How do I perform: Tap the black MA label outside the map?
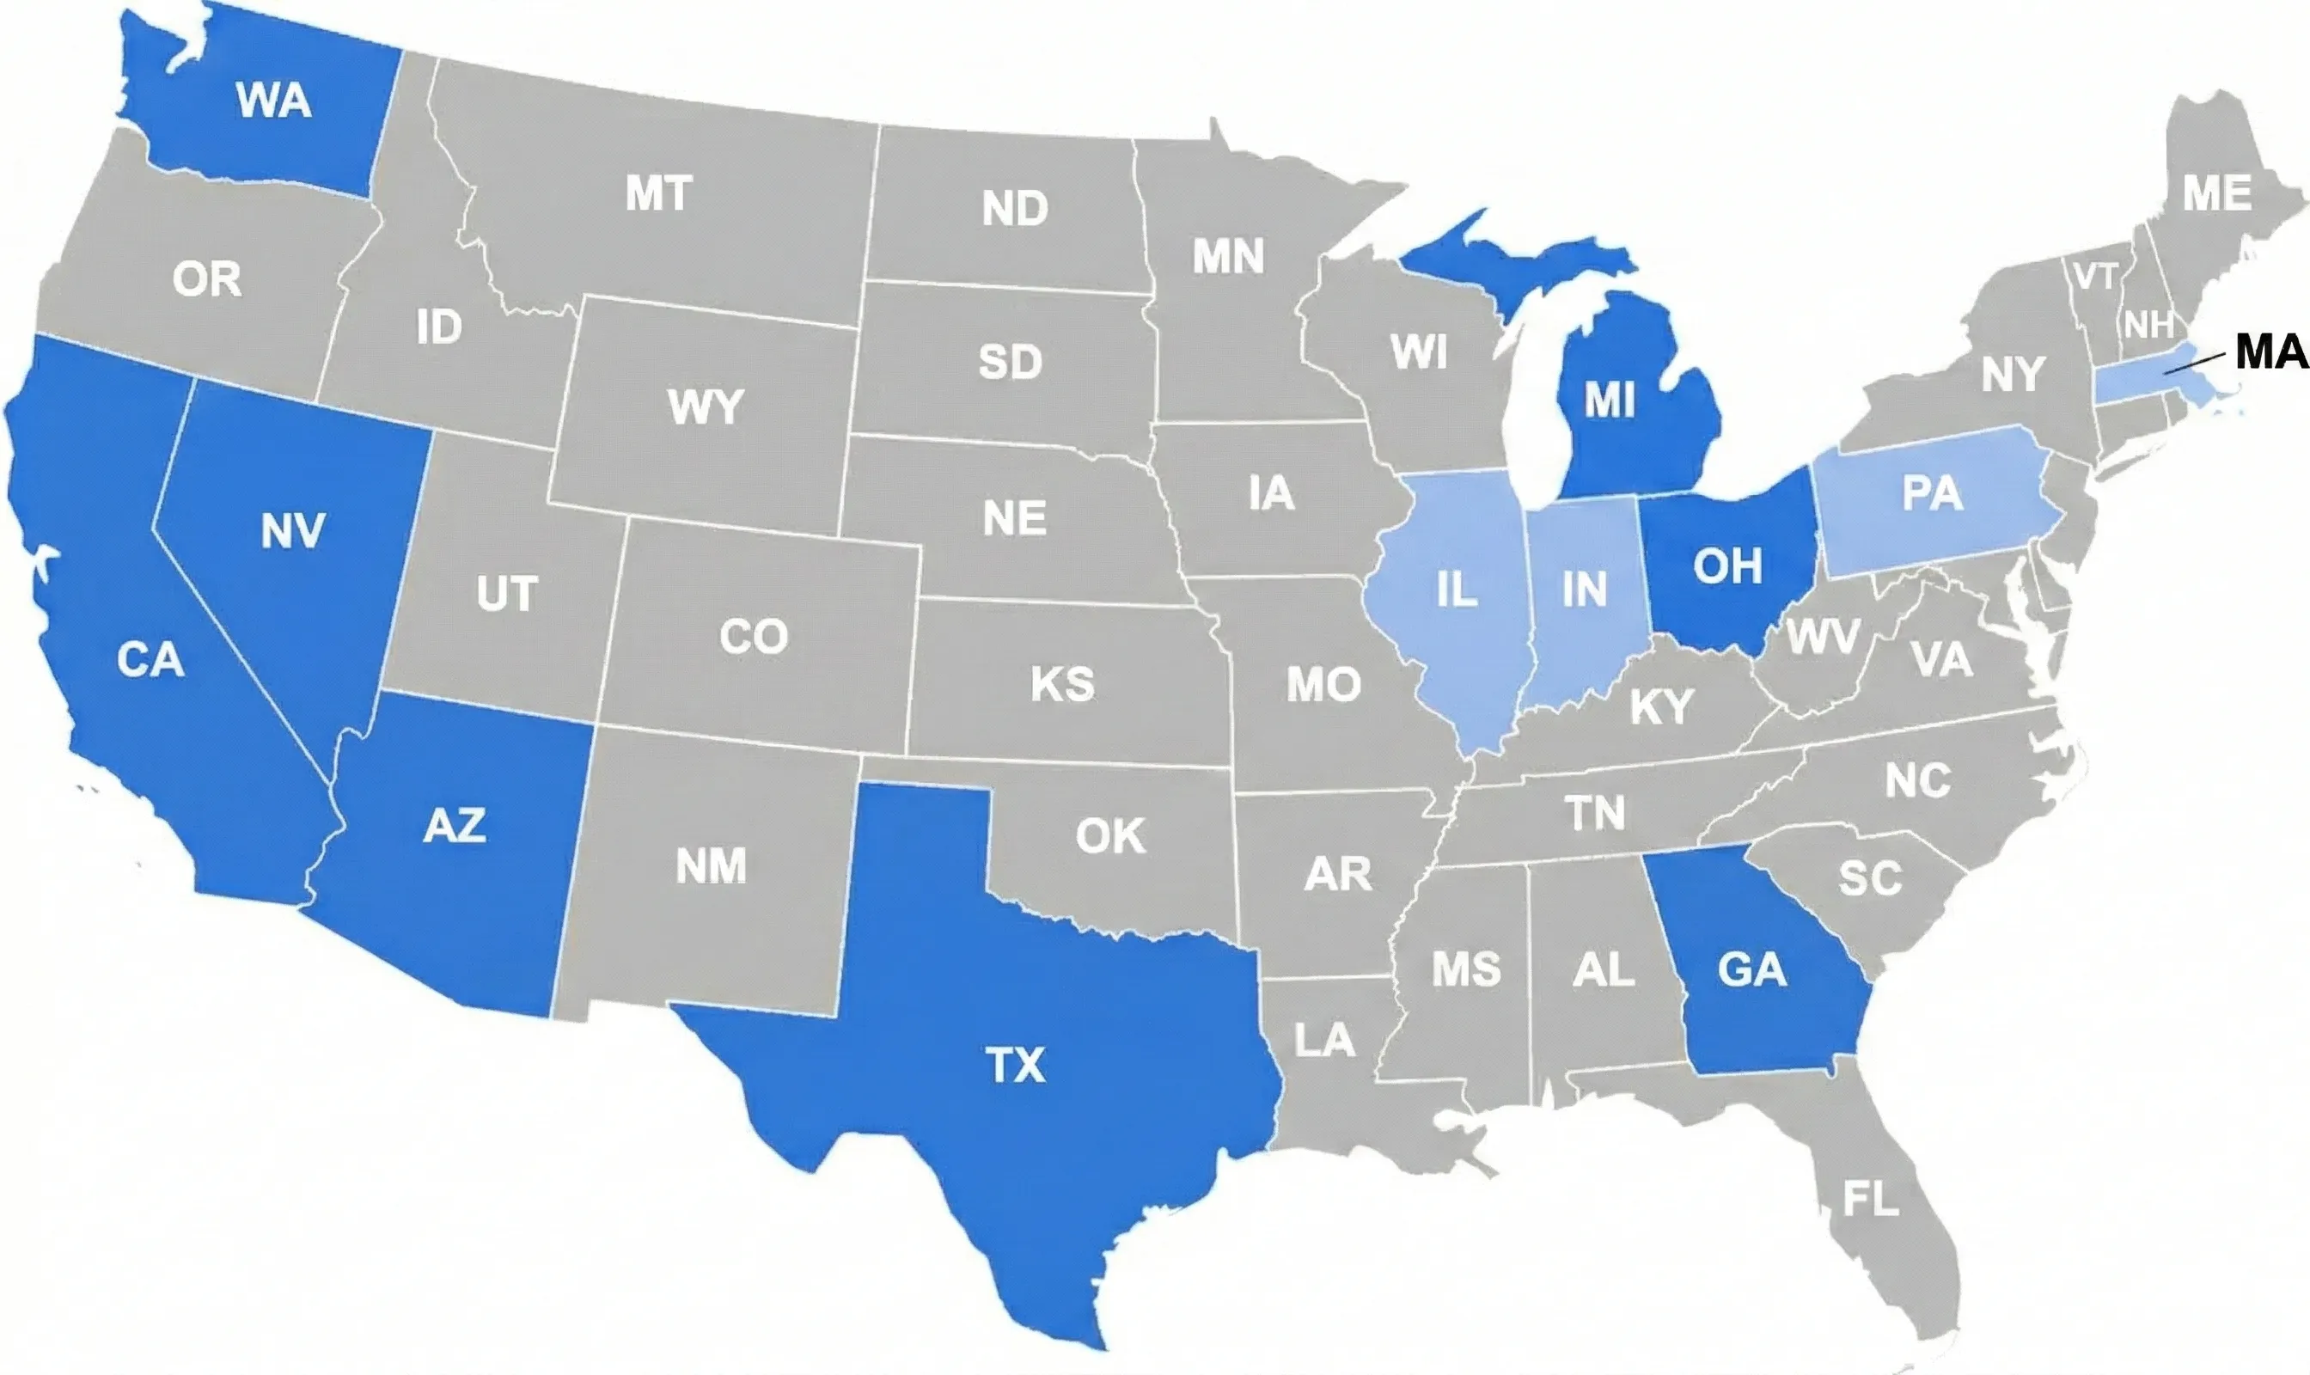click(x=2271, y=352)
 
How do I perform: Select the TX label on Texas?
click(x=1016, y=1065)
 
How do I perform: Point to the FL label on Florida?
click(x=1870, y=1199)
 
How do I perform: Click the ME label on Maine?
click(x=2216, y=193)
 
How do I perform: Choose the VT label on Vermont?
click(x=2095, y=275)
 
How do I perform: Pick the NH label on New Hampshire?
click(x=2148, y=325)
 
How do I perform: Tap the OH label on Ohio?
click(x=1727, y=565)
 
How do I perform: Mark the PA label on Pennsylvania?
click(x=1932, y=493)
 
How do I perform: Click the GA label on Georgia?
click(x=1751, y=970)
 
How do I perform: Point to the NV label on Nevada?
click(x=293, y=531)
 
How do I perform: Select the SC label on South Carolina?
click(x=1870, y=877)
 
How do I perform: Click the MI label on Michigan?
click(x=1610, y=400)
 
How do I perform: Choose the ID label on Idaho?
click(x=438, y=327)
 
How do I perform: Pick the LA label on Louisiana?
click(x=1324, y=1040)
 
